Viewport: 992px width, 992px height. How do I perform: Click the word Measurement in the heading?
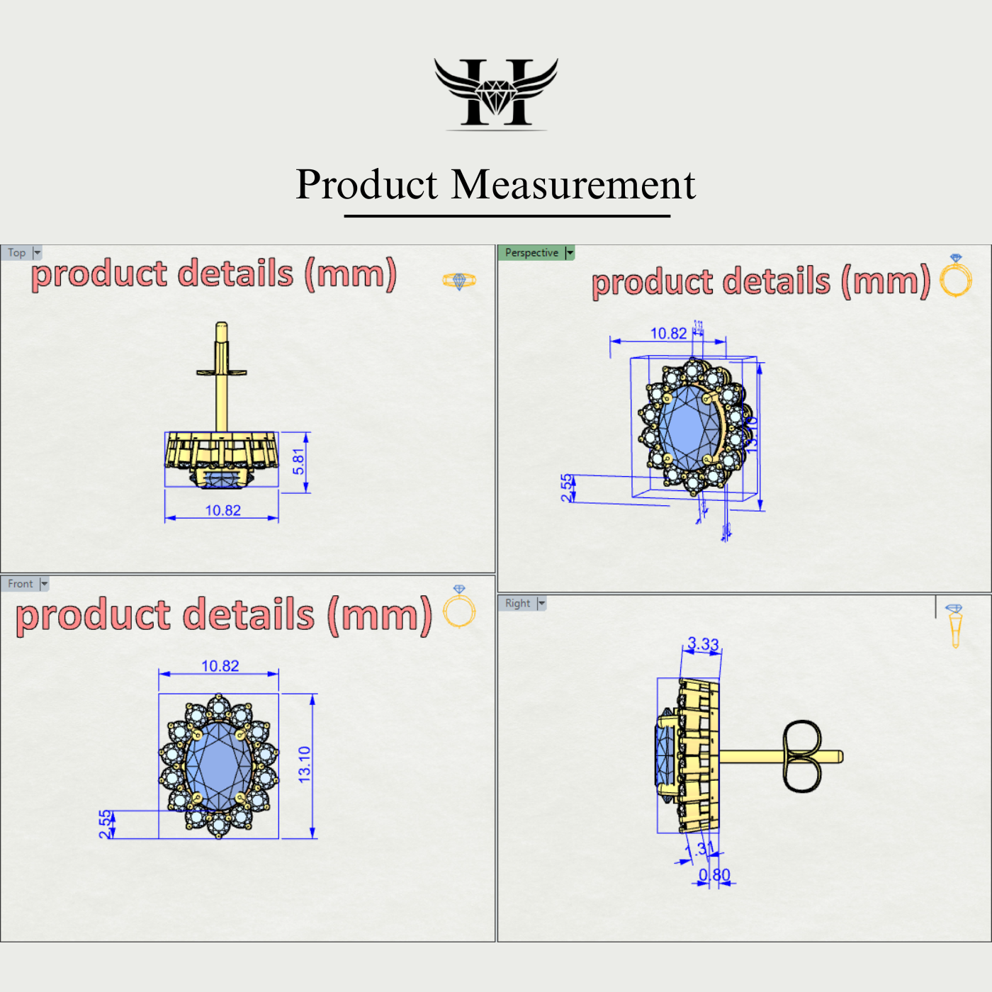tap(573, 185)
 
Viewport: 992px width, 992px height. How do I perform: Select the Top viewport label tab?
tap(17, 253)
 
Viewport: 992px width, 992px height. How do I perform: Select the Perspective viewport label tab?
tap(531, 253)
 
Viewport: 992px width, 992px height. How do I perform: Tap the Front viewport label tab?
tap(21, 584)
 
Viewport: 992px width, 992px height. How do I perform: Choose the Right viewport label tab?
tap(517, 603)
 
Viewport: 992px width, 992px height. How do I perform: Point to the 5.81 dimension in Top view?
tap(299, 461)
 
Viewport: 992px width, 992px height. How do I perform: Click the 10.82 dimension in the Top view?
tap(222, 510)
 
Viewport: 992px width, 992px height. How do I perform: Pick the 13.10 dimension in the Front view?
tap(305, 764)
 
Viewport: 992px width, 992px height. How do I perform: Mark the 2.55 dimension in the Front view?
tap(106, 824)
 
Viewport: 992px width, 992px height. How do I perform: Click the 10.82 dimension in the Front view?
tap(220, 666)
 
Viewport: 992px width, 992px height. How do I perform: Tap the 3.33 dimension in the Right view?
tap(703, 644)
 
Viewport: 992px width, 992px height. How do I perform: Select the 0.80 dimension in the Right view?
tap(714, 875)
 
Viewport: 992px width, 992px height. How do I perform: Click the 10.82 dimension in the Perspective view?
tap(668, 333)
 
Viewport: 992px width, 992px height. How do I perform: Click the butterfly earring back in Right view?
tap(802, 756)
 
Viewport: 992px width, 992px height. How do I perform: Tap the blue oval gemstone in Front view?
tap(218, 765)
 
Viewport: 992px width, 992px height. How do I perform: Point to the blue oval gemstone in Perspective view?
tap(689, 427)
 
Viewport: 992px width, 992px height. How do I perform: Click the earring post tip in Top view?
tap(221, 327)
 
